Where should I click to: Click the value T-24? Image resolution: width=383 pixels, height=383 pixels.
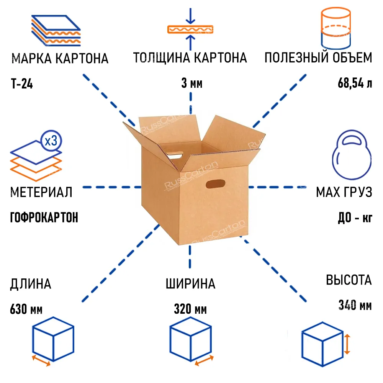coord(21,83)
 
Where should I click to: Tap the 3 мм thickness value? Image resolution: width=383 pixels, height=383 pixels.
coord(191,83)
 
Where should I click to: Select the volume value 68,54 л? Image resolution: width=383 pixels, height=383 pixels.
coord(355,83)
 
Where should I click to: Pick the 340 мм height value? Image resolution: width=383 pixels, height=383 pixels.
coord(355,306)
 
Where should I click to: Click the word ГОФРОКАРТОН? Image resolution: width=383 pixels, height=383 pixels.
coord(44,218)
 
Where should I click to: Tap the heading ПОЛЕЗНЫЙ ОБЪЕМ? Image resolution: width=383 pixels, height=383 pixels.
coord(318,58)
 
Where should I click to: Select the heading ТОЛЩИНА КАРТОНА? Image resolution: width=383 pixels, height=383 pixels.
coord(190,58)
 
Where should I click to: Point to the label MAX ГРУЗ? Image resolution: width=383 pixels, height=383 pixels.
coord(344,192)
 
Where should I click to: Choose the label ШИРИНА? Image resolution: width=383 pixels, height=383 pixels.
coord(190,284)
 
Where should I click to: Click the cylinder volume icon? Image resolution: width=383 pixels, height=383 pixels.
coord(335,29)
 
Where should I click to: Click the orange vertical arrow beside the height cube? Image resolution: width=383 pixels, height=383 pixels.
coord(347,344)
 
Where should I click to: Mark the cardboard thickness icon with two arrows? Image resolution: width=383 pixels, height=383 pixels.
coord(190,29)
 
